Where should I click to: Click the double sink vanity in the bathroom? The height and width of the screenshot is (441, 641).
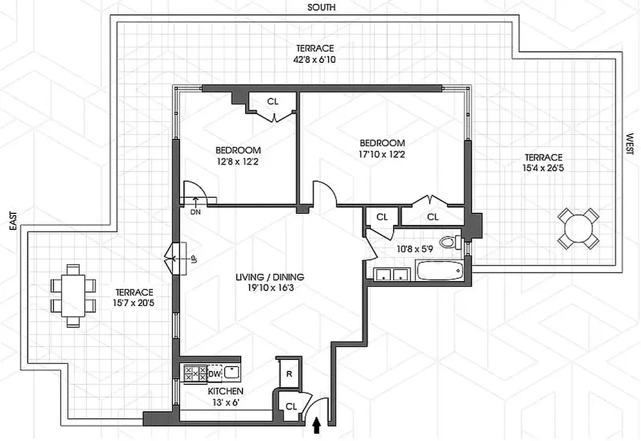point(391,274)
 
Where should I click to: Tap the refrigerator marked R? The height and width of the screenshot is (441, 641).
point(288,374)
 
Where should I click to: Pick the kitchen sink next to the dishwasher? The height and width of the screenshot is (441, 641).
point(231,374)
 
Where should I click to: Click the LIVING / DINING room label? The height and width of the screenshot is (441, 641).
point(270,277)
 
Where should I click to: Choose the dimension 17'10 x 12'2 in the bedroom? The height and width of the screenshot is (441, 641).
point(382,154)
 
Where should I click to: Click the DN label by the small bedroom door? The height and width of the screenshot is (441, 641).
point(195,212)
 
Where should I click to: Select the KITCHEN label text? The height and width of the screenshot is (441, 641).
point(225,391)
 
